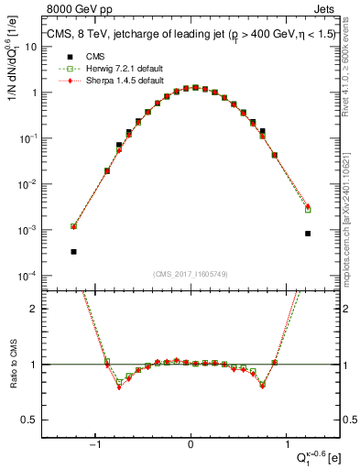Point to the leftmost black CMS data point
coord(73,251)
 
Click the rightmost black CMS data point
coord(308,234)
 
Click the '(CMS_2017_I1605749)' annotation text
coord(191,274)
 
